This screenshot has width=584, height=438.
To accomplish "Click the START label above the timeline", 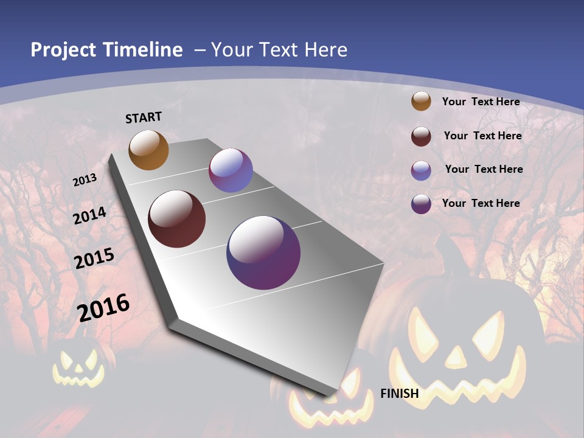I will (144, 117).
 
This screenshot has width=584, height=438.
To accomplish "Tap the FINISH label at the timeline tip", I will (399, 393).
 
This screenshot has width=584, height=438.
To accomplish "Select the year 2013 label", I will (85, 179).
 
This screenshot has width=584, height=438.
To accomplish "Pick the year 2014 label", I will (90, 215).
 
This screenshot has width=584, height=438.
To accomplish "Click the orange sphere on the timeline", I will (148, 150).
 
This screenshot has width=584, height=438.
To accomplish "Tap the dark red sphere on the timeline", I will (176, 219).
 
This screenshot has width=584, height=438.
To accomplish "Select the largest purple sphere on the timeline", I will (263, 252).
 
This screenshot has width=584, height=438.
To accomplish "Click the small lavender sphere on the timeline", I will (231, 170).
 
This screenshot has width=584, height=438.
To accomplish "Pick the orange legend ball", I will (421, 101).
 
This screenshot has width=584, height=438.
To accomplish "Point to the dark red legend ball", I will (421, 136).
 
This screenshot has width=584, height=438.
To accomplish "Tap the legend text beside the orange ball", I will (481, 102).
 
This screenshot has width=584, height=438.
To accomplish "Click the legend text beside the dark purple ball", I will (481, 203).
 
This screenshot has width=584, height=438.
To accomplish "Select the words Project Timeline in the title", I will (106, 50).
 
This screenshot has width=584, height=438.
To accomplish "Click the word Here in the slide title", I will (325, 50).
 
